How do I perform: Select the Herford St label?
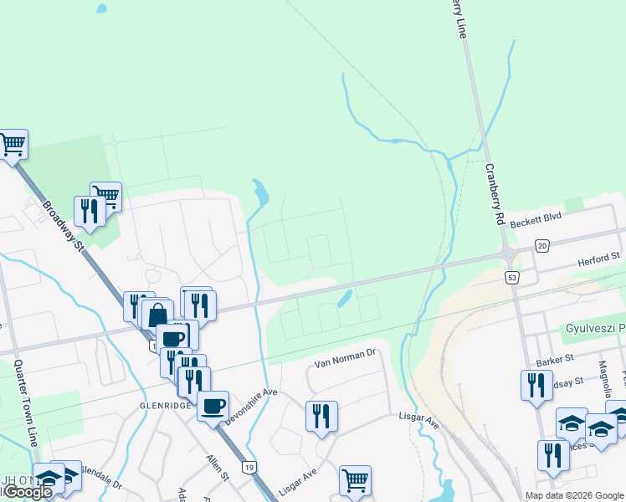pos(598,262)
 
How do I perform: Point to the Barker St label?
pos(553,359)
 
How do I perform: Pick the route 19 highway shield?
pos(249,467)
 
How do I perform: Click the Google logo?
pos(28,492)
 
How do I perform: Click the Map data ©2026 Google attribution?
pos(574,495)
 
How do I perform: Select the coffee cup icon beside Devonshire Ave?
pos(213,405)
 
